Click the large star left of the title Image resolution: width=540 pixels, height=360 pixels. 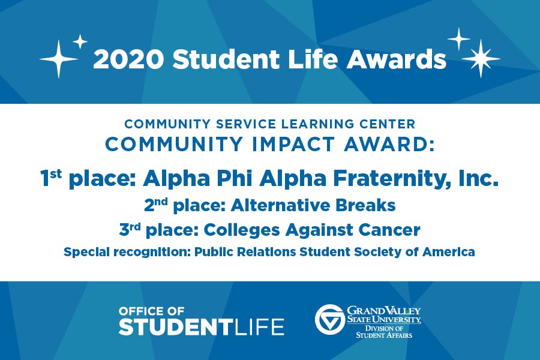pos(59,59)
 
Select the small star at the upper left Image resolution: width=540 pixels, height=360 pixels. pos(80,41)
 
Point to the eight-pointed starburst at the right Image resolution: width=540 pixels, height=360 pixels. pos(480,59)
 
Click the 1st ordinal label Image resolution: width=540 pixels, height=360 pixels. pos(52,179)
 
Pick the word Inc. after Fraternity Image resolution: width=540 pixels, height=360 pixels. pos(478,179)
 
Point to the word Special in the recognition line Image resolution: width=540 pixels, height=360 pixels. pos(86,252)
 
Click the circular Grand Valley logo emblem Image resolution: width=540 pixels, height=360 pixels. pos(329,320)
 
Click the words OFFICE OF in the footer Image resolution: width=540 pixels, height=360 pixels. pos(152,311)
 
